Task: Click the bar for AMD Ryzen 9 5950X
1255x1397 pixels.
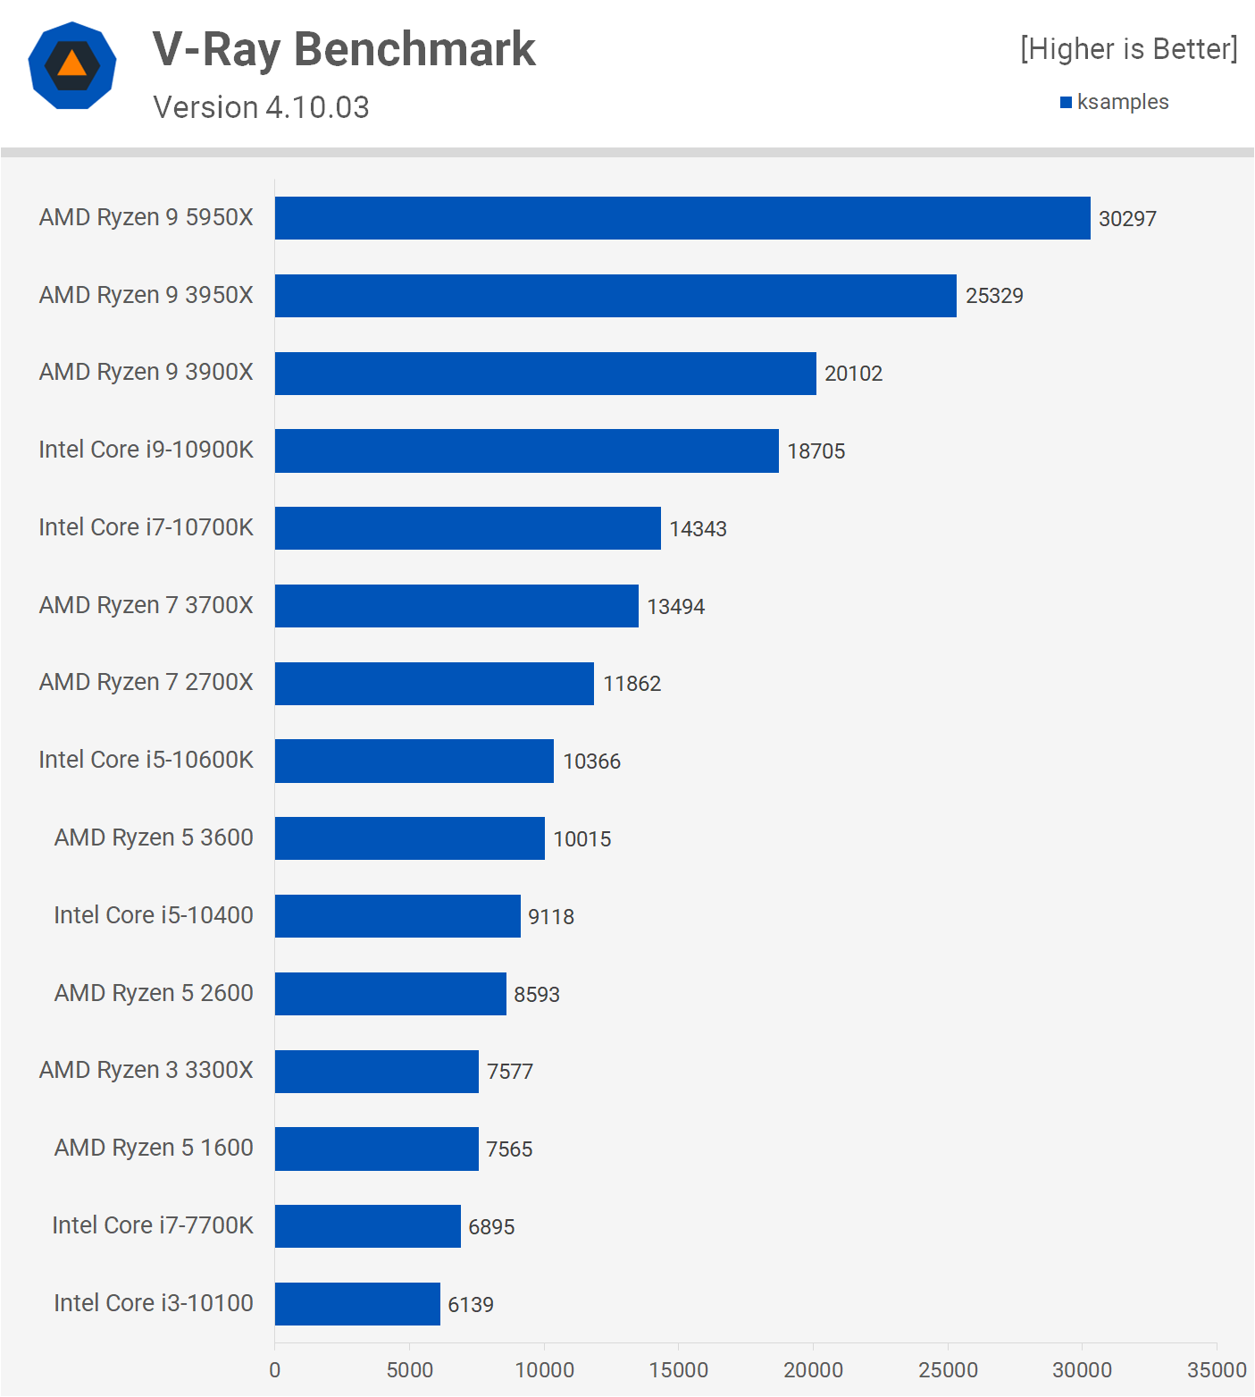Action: click(x=682, y=218)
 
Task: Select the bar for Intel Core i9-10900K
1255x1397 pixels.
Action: click(x=527, y=450)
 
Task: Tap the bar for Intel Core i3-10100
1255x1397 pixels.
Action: click(x=357, y=1304)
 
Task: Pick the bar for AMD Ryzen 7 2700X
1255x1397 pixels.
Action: click(x=434, y=684)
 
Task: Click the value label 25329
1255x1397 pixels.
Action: click(x=994, y=296)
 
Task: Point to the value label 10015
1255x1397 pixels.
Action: click(x=582, y=839)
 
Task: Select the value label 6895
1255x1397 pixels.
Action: click(x=491, y=1227)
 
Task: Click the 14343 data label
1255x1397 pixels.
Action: click(x=698, y=529)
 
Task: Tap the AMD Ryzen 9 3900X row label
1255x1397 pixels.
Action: click(x=146, y=372)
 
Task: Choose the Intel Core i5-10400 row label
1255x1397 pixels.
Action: click(x=154, y=915)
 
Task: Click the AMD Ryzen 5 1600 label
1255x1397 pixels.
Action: click(x=154, y=1148)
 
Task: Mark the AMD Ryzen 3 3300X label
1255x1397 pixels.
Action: click(x=146, y=1070)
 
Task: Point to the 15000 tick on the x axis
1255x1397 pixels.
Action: click(x=679, y=1370)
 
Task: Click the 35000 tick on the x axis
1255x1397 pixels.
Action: click(x=1217, y=1370)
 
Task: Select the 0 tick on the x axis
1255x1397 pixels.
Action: click(x=275, y=1370)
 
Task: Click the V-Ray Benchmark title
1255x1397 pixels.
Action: click(x=344, y=49)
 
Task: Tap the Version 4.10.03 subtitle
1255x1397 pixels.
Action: click(x=261, y=107)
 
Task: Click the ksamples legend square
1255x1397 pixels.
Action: click(x=1066, y=103)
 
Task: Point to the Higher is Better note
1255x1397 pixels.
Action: click(x=1129, y=49)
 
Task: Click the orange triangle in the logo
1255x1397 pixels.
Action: click(x=72, y=64)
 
